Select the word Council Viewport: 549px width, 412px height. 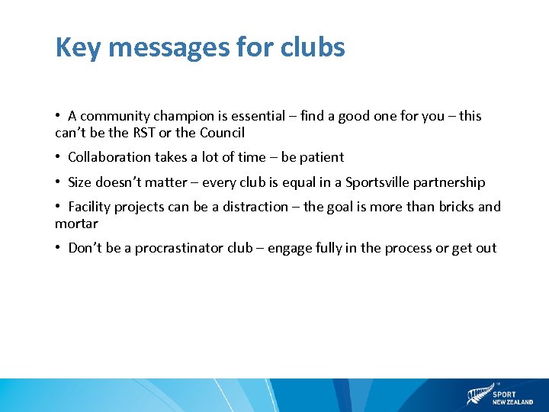(x=222, y=133)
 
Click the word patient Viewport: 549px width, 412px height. (x=322, y=157)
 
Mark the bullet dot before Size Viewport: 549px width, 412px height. (x=58, y=182)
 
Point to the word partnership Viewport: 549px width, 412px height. (x=449, y=182)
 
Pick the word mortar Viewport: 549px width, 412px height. (x=76, y=224)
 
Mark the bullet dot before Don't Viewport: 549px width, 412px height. (x=58, y=248)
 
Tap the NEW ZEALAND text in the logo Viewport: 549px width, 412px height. (x=513, y=402)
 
